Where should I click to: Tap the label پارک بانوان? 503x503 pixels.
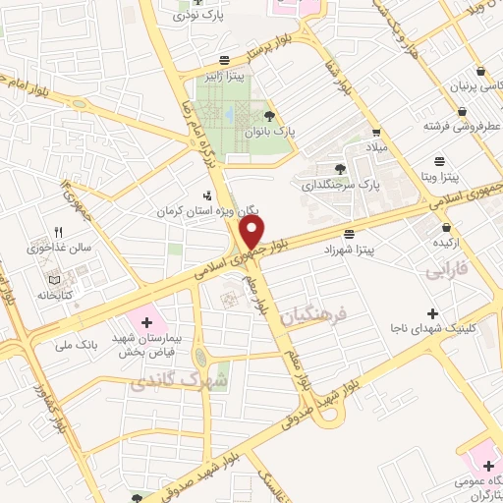pyautogui.click(x=270, y=130)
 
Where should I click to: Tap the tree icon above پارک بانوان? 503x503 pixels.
pyautogui.click(x=270, y=115)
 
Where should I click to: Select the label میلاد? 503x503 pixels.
pyautogui.click(x=378, y=146)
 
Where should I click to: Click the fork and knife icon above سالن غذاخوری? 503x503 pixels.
pyautogui.click(x=59, y=233)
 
